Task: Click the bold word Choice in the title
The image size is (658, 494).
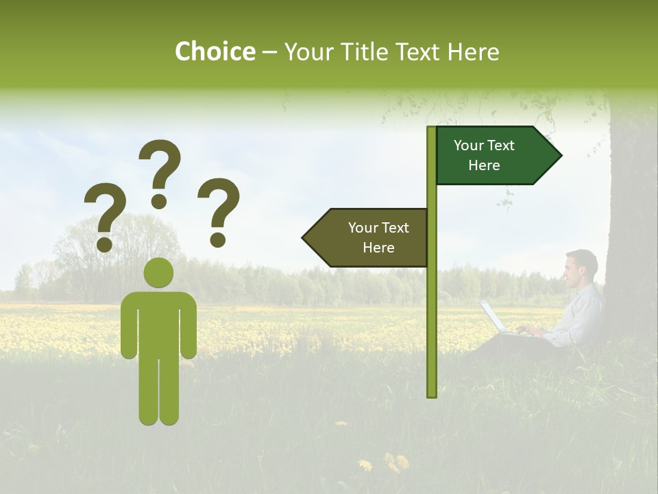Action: click(215, 51)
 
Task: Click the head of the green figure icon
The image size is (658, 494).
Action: click(158, 273)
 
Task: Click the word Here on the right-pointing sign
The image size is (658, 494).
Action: click(484, 165)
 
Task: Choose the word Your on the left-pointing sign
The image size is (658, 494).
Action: click(363, 228)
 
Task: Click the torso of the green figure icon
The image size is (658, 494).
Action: click(158, 322)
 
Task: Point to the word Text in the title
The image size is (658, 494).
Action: click(419, 52)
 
